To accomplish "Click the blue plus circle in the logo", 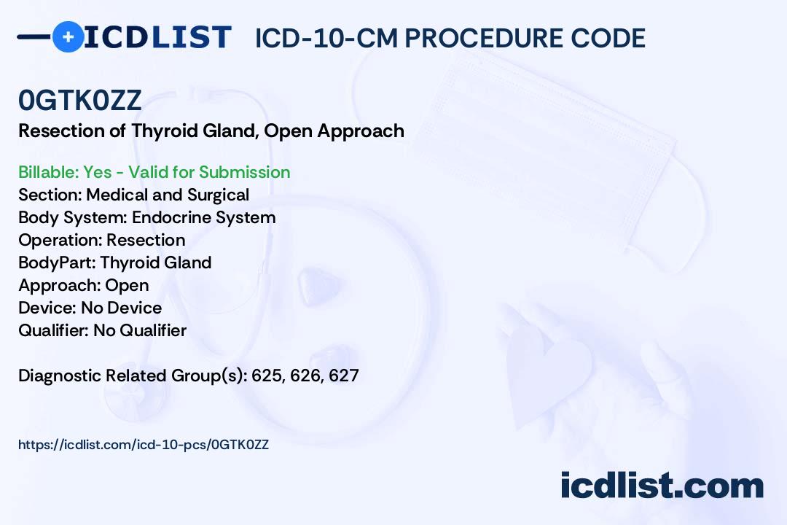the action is (x=68, y=36).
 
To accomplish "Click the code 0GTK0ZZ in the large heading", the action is (x=80, y=100).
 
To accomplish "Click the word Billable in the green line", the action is (x=47, y=172).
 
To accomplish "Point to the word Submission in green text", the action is (x=244, y=172).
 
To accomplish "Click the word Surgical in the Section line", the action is (x=219, y=195).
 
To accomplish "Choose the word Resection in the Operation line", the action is (x=146, y=240).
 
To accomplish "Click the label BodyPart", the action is (x=58, y=262).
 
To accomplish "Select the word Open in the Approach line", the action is (x=127, y=285).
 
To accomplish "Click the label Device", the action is (x=47, y=308).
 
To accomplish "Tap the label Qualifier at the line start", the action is (x=54, y=330).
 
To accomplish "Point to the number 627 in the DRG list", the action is (x=344, y=376).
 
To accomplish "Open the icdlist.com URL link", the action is (x=144, y=445).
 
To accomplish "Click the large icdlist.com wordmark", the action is (x=662, y=485).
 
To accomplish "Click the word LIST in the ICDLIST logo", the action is (x=191, y=37).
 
